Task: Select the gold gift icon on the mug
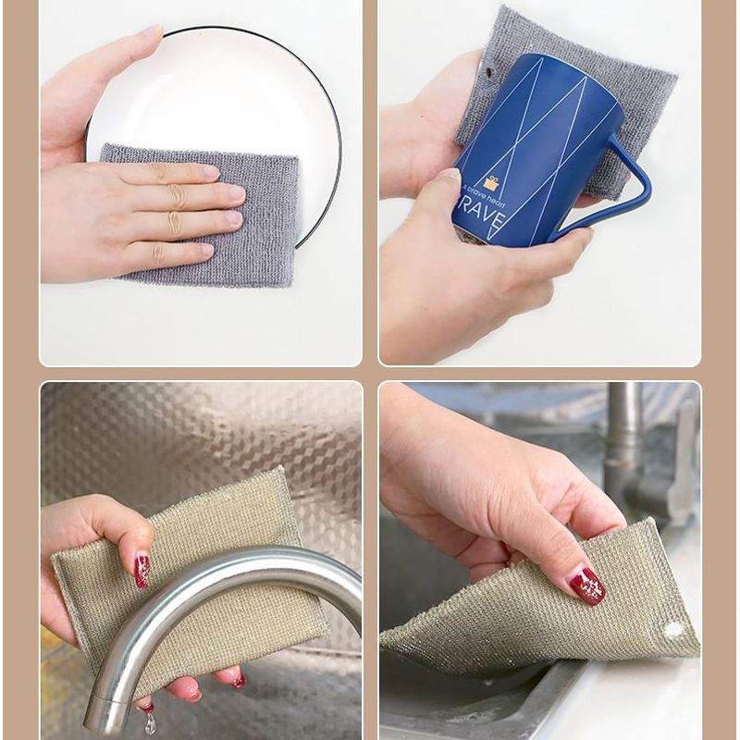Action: click(490, 182)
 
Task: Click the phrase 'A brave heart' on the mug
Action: click(485, 197)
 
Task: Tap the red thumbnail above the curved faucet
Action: click(142, 570)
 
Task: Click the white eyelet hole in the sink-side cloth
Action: click(673, 630)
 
